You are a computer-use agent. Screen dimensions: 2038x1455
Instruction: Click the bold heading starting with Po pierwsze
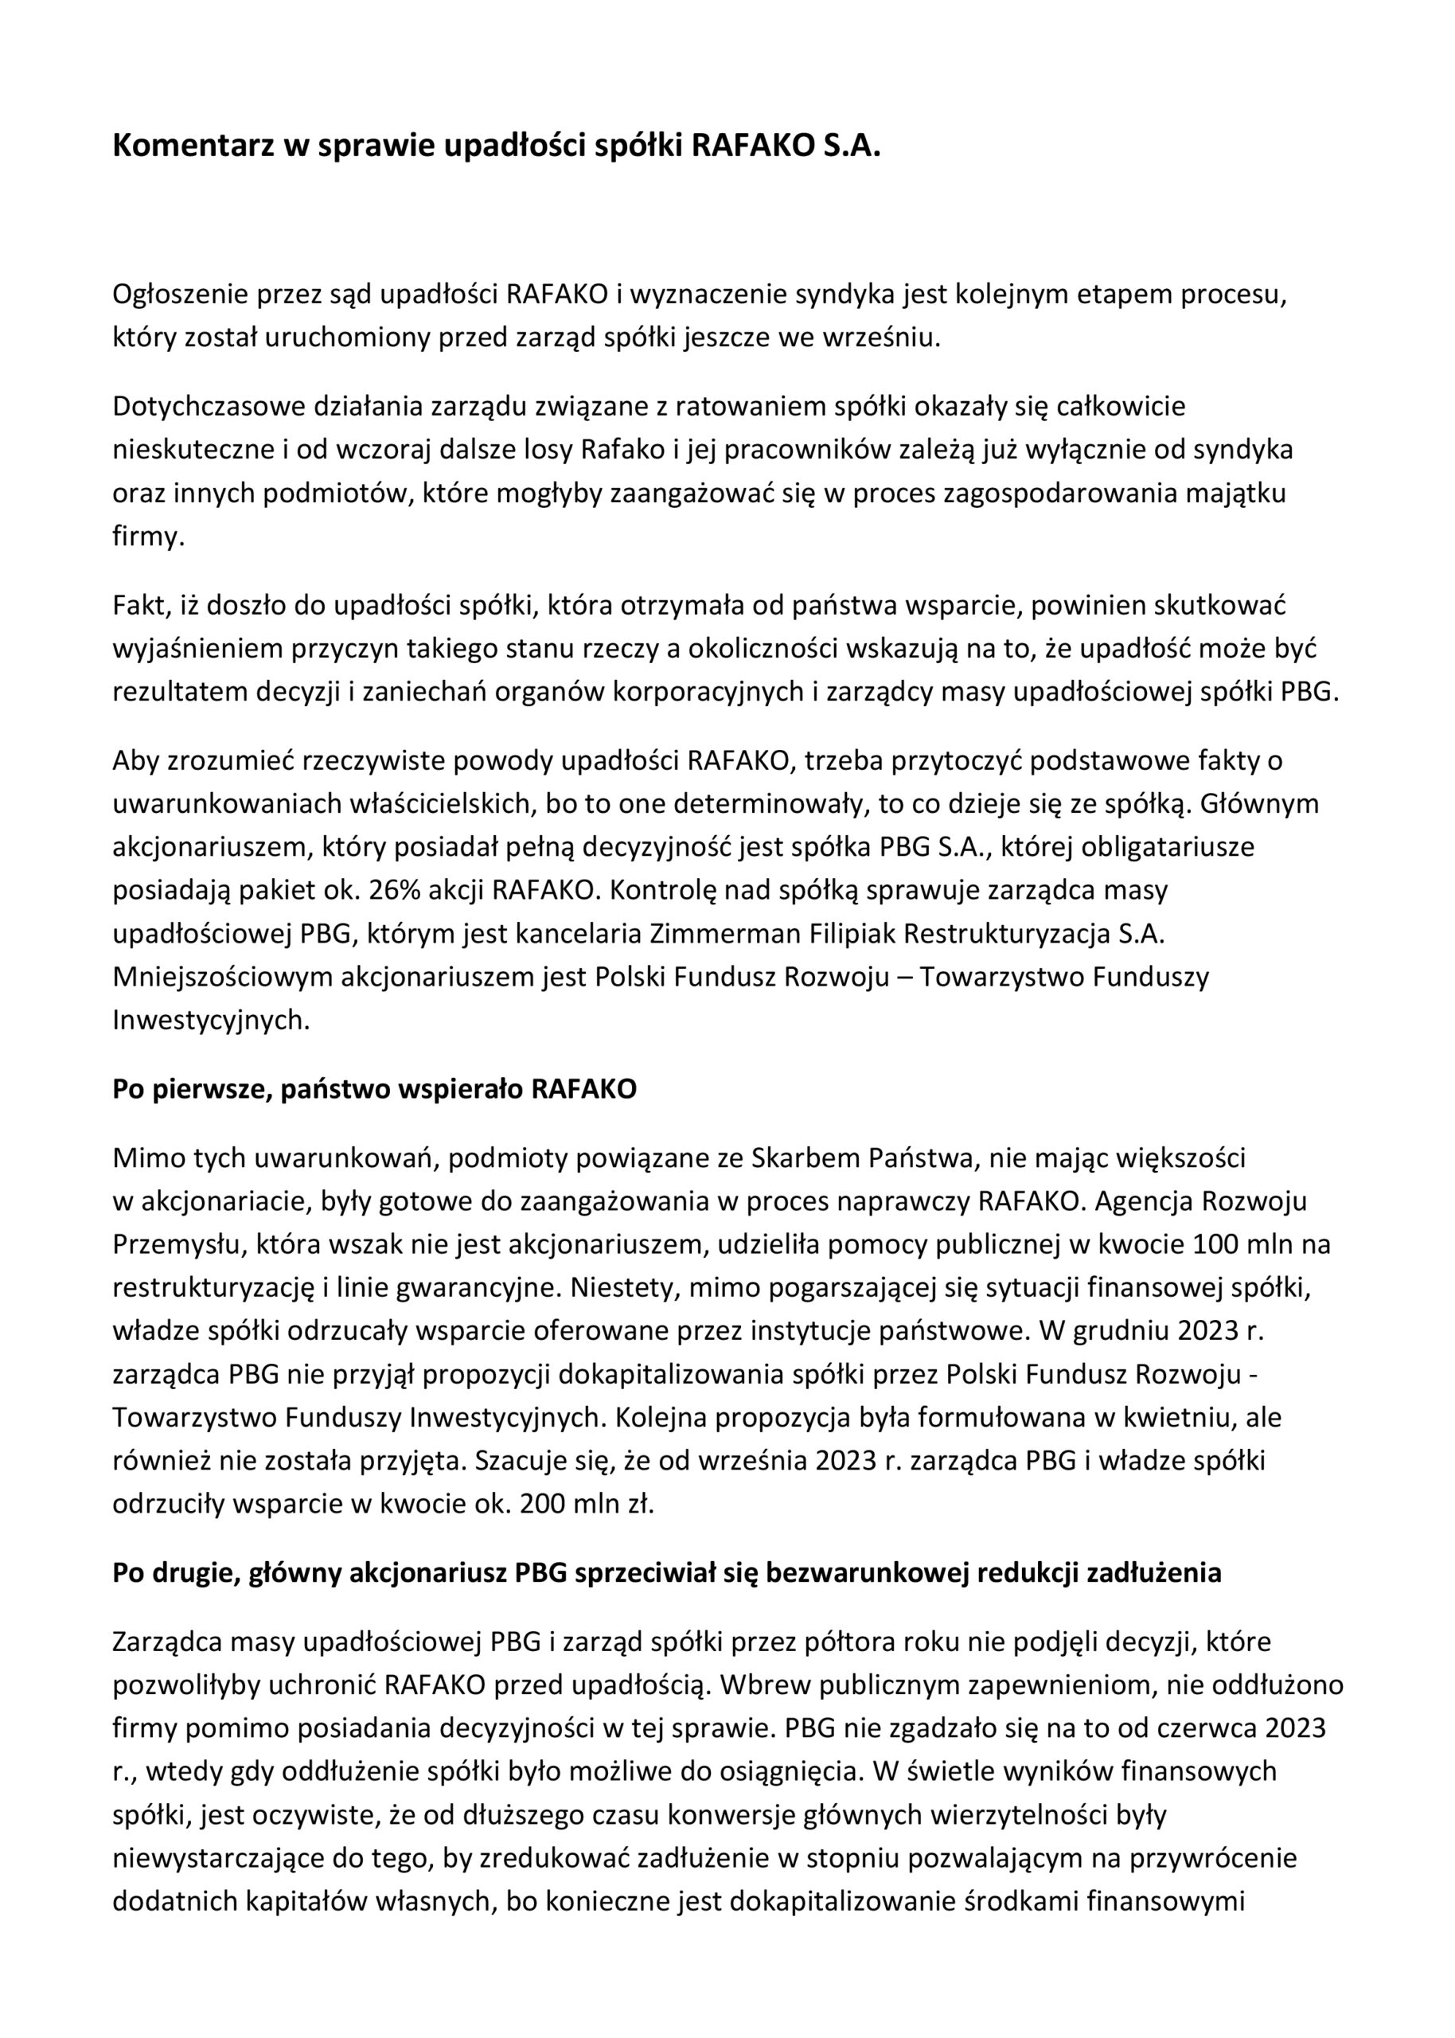click(375, 1089)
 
